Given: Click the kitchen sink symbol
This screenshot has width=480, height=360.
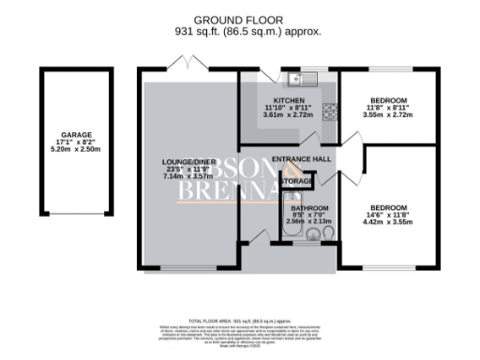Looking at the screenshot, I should pos(298,79).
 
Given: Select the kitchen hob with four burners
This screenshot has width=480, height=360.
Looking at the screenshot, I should pos(329,112).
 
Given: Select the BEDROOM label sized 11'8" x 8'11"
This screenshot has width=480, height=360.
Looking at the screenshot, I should pos(387,100).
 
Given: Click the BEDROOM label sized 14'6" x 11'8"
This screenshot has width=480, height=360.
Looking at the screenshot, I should pos(387,207).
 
